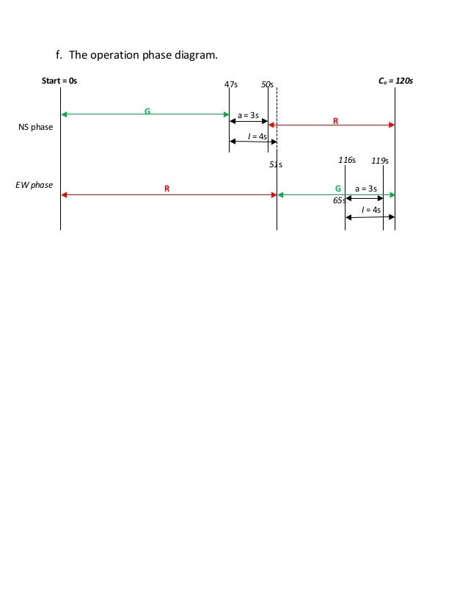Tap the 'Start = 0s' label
tap(59, 80)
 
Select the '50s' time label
tap(267, 85)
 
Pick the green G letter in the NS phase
tap(147, 111)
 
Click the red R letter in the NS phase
tap(335, 121)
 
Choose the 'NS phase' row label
tap(35, 127)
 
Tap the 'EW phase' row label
tap(34, 185)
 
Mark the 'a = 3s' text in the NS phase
tap(248, 115)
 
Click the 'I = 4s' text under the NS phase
tap(248, 136)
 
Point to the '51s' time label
tap(275, 165)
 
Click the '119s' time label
tap(380, 160)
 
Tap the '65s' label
tap(340, 200)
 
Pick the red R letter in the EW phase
tap(167, 189)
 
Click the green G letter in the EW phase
tap(337, 189)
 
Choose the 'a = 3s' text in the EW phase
tap(365, 189)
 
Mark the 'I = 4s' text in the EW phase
tap(371, 210)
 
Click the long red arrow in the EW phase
tap(110, 195)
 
